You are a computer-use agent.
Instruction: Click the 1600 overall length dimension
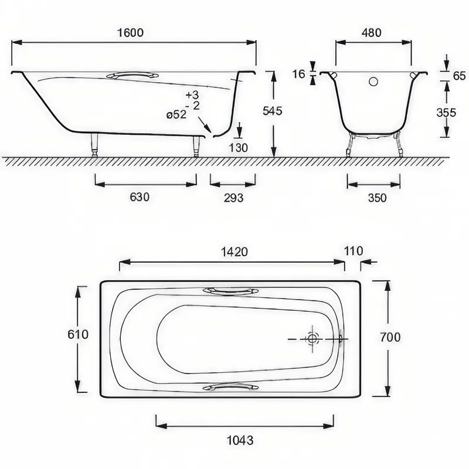[x=130, y=32]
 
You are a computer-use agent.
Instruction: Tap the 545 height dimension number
[x=273, y=111]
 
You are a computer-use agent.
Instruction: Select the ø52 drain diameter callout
[x=176, y=114]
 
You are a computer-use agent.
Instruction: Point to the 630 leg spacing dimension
[x=140, y=197]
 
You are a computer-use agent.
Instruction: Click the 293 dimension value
[x=233, y=198]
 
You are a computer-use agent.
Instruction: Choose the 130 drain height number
[x=239, y=148]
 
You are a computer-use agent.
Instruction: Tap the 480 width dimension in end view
[x=372, y=32]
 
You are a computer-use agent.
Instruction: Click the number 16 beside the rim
[x=298, y=74]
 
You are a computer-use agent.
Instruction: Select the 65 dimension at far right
[x=460, y=76]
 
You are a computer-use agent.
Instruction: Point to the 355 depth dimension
[x=446, y=113]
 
